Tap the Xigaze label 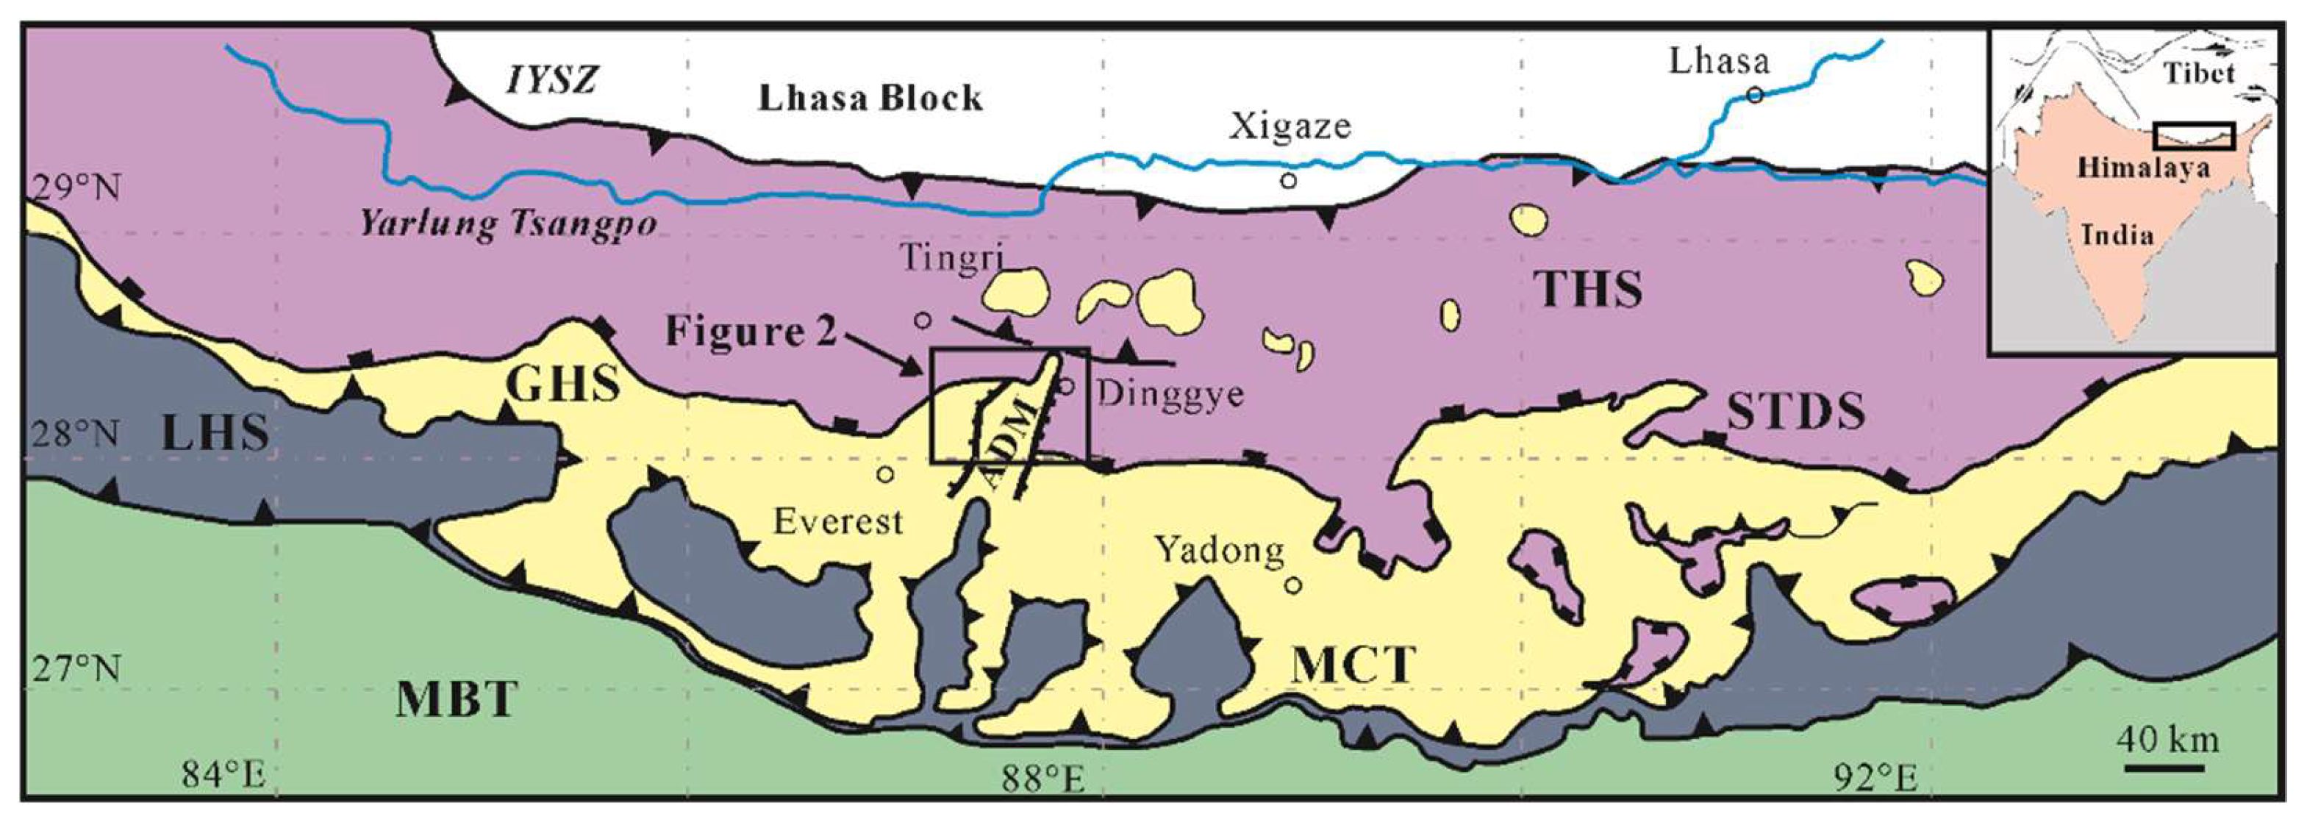1289,126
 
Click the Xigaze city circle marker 1288,181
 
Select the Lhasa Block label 870,98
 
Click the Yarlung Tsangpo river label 508,223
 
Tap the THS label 1588,289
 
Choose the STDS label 1795,412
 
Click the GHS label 562,385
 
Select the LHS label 216,432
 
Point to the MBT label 457,699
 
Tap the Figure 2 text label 751,332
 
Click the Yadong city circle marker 1293,585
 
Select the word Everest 837,521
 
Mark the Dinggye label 1170,394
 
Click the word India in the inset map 2117,235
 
